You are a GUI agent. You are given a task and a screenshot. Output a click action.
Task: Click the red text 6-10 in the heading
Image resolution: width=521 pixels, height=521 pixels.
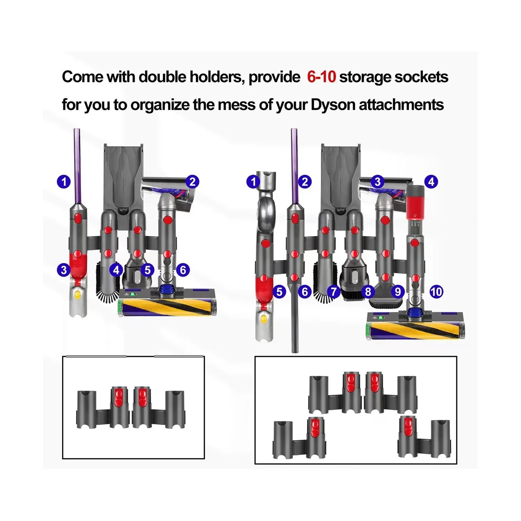[321, 77]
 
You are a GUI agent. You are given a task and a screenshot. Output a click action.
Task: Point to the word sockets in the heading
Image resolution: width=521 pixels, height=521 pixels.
[421, 77]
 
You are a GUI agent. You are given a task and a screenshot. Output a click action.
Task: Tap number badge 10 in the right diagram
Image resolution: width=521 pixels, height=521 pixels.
[436, 291]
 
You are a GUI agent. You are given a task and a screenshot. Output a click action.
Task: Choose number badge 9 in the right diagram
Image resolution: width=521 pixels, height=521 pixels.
[398, 291]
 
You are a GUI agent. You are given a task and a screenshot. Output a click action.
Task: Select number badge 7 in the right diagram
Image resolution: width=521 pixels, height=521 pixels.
[333, 291]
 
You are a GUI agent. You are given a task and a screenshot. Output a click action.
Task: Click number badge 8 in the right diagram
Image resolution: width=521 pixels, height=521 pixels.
[368, 291]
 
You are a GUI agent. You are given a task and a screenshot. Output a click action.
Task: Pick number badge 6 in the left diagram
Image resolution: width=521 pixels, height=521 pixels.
[183, 270]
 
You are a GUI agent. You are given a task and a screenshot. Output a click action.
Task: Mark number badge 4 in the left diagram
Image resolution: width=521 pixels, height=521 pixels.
[115, 270]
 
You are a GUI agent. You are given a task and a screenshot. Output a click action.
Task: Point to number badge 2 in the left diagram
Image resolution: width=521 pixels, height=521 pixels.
[192, 181]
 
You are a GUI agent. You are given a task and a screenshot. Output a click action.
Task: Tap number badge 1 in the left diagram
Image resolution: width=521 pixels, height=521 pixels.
[64, 181]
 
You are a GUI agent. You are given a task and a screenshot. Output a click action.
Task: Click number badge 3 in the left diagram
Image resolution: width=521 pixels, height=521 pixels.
[64, 270]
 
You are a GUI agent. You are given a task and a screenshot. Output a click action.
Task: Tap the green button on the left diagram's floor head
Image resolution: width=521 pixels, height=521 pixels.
[133, 294]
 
